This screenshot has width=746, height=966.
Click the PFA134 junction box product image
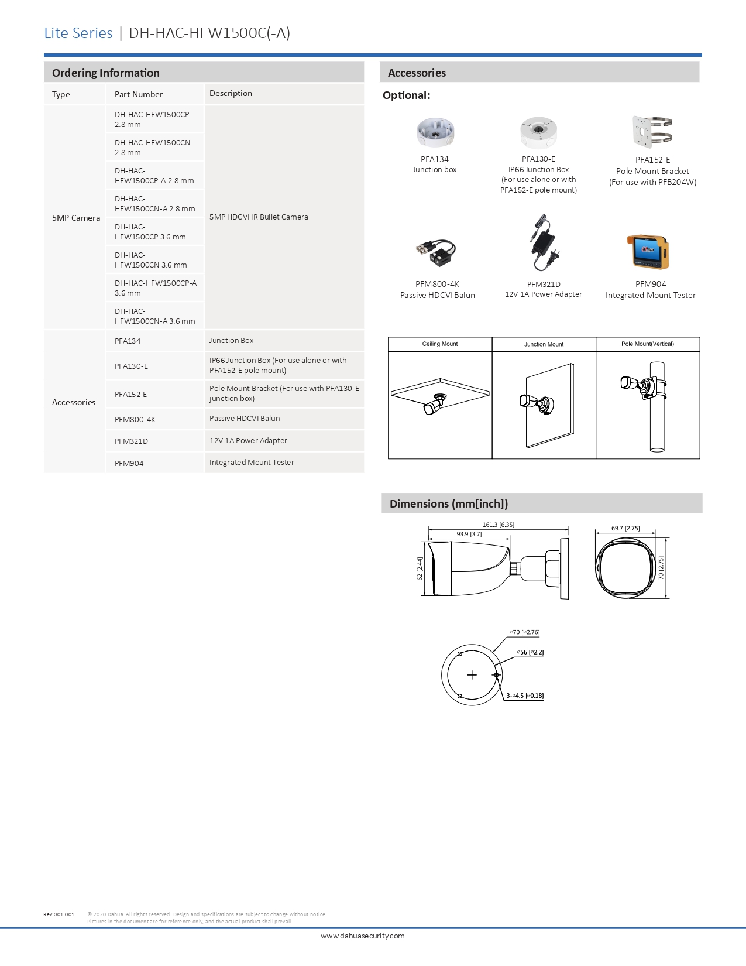(435, 132)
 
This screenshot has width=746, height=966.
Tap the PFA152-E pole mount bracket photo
(652, 131)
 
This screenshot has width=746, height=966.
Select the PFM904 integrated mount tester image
(648, 252)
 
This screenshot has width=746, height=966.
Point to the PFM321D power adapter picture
(544, 244)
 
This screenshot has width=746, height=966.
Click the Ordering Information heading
(106, 73)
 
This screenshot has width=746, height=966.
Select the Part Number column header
(139, 94)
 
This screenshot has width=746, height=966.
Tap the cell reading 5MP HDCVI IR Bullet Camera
(259, 217)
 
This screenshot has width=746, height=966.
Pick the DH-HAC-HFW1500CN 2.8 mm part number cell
(152, 148)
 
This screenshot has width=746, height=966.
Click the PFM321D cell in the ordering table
(131, 441)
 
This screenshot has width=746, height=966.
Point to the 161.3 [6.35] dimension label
(499, 525)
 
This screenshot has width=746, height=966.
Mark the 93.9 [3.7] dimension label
(469, 534)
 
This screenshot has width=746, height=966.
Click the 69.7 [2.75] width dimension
(625, 528)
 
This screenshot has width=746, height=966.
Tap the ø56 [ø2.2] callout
(530, 652)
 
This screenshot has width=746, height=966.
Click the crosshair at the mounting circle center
(472, 675)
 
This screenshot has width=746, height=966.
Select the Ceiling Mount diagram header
(440, 344)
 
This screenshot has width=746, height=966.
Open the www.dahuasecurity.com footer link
(363, 936)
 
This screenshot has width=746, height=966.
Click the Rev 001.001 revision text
(59, 914)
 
